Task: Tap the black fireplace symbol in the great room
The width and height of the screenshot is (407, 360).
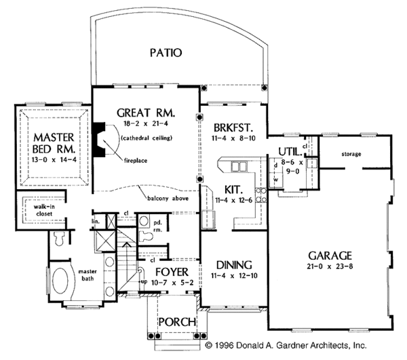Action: tap(100, 140)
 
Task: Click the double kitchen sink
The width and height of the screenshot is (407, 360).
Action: tap(239, 166)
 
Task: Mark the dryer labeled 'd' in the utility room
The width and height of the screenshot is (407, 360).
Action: tap(275, 165)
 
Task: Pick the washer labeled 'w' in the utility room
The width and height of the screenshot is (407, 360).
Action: tap(275, 180)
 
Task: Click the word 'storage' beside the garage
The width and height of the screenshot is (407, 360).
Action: tap(351, 154)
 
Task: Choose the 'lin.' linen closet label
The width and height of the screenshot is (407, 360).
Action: tap(95, 221)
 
